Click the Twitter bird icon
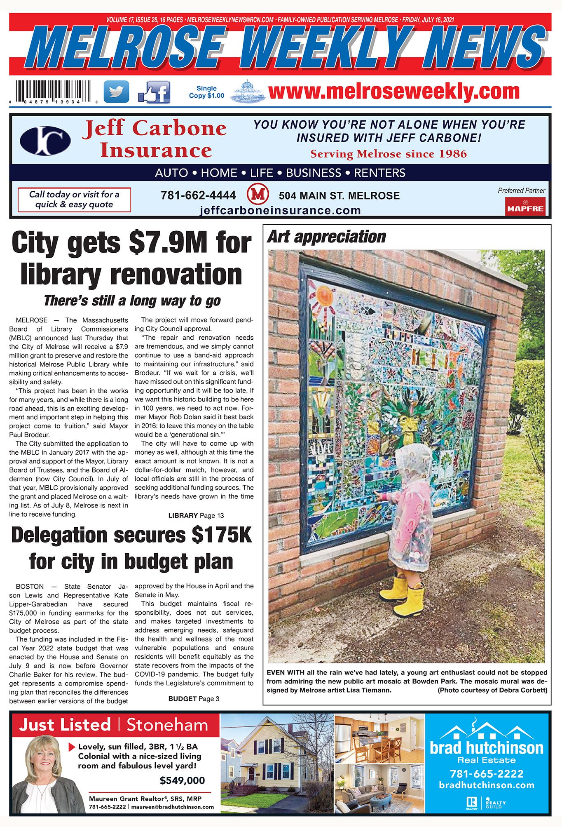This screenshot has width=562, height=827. (x=116, y=92)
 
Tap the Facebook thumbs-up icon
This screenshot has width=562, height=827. (x=154, y=92)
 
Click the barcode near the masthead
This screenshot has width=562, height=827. (x=53, y=91)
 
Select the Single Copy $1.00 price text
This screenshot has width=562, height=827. (x=206, y=92)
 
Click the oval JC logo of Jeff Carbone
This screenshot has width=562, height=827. (x=45, y=141)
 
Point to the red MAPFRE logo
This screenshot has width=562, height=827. (x=525, y=207)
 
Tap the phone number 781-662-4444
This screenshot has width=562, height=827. (x=198, y=195)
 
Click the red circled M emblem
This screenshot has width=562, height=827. (x=258, y=195)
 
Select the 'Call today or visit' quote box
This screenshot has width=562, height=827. (x=74, y=200)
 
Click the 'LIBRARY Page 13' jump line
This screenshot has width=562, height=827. (x=196, y=515)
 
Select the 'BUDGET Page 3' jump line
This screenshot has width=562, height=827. (x=194, y=698)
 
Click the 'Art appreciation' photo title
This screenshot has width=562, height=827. (x=326, y=237)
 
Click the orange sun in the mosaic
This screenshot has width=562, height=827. (x=324, y=296)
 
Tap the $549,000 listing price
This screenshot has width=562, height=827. (x=182, y=780)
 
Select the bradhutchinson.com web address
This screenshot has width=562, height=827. (x=486, y=785)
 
